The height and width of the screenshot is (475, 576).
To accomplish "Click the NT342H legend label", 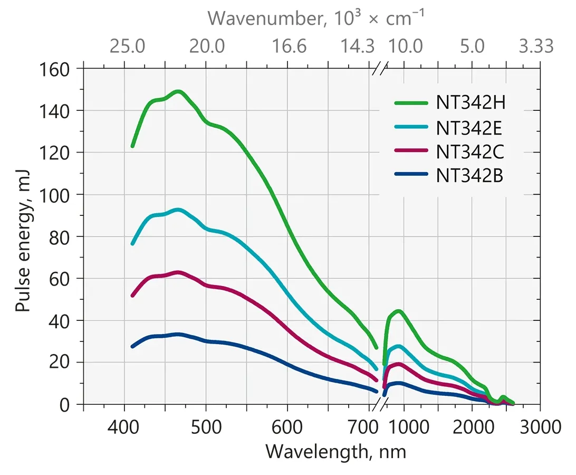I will [x=471, y=102].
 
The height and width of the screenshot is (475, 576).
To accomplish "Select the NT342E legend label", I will [x=470, y=127].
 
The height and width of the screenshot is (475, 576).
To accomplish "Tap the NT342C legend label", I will [x=471, y=152].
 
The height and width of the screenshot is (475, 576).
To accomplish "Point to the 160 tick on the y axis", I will [x=59, y=69].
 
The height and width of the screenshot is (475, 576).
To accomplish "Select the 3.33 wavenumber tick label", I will [x=536, y=46].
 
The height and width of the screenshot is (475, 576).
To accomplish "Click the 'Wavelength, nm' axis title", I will [x=335, y=452].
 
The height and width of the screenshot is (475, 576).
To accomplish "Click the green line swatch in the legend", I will [x=411, y=103].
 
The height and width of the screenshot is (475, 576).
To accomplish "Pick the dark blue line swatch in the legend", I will [x=411, y=176].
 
